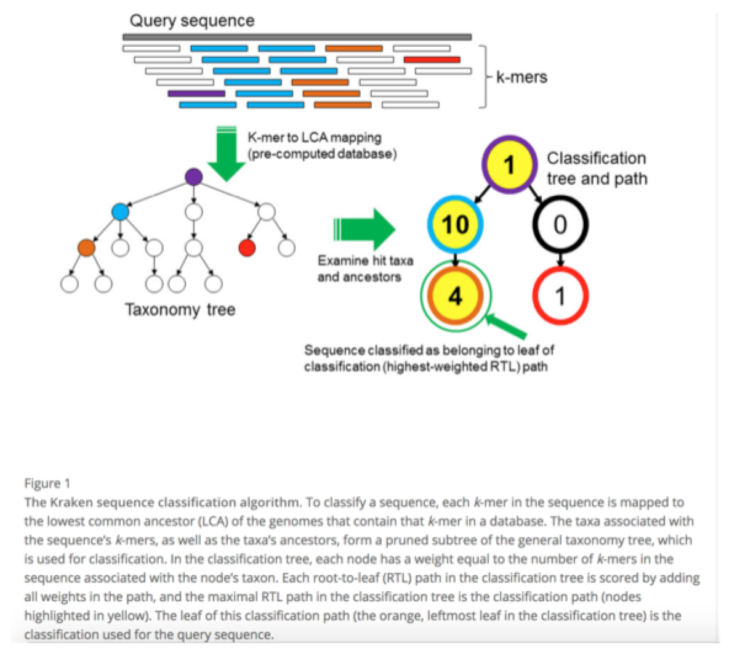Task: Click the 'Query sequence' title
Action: (191, 20)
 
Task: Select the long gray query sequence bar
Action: (297, 37)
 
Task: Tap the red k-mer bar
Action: (432, 60)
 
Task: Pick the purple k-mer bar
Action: (196, 94)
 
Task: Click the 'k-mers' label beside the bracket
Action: (521, 78)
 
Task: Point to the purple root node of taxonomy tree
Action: (193, 177)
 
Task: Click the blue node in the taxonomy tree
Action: (120, 212)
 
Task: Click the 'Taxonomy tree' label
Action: (180, 309)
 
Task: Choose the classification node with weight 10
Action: (456, 225)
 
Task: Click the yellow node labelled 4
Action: (455, 297)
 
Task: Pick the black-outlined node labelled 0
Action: (560, 225)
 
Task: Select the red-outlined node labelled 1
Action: (560, 297)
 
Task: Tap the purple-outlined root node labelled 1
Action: (509, 164)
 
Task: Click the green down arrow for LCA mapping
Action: (227, 154)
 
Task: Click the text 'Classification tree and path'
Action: (597, 168)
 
